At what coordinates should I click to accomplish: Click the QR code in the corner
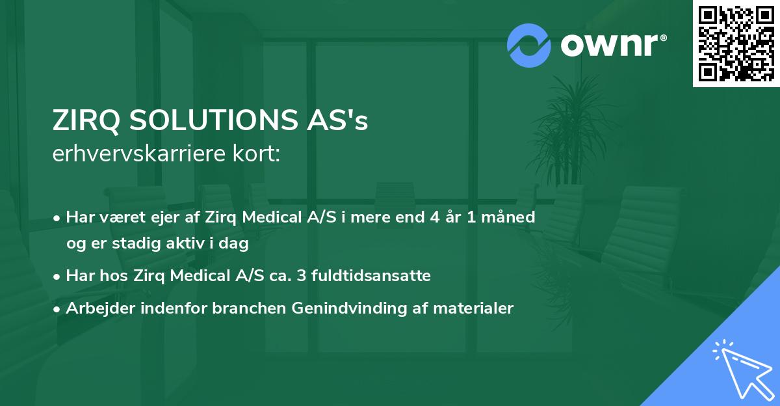736,43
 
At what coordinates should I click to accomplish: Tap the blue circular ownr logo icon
528,46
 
